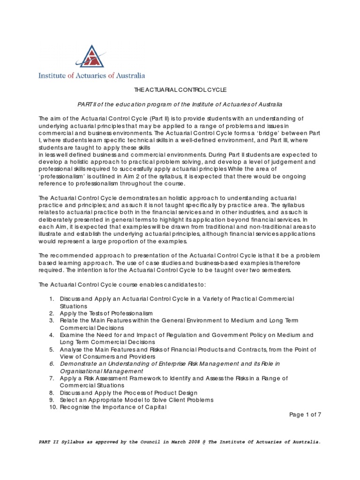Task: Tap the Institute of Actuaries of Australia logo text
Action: tap(91, 75)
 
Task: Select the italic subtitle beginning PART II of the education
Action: tap(180, 103)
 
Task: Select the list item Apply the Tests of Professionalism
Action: tap(106, 313)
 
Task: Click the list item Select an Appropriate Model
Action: tap(136, 400)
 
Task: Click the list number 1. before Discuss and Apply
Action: tap(52, 299)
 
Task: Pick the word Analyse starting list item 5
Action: tap(71, 349)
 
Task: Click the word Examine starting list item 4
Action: tap(72, 335)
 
